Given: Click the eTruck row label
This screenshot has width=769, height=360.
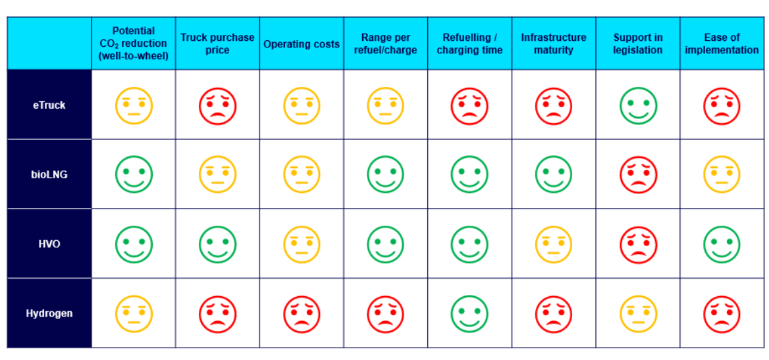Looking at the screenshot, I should [49, 105].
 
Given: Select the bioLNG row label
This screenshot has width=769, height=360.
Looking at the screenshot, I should [49, 174].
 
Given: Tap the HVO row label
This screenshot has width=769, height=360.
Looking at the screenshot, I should [49, 244].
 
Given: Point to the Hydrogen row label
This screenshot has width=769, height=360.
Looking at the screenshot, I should [49, 313].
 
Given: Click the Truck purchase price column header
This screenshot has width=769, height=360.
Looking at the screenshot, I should [217, 43].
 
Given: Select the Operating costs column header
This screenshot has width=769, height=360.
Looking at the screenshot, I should [302, 44].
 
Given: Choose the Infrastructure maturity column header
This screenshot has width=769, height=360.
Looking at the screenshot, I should [554, 43].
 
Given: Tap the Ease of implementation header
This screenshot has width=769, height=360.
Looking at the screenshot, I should [722, 43].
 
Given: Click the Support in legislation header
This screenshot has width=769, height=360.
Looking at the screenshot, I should [638, 43].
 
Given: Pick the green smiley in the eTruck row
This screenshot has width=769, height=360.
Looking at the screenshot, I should [638, 106].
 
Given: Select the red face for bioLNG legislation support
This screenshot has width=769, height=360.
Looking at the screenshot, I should [638, 175].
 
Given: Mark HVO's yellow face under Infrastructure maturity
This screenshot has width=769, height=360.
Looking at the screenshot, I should [554, 244].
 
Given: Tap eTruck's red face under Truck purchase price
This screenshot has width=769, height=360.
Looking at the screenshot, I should [217, 106].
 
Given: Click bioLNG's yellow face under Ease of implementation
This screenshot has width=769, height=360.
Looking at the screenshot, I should [722, 175].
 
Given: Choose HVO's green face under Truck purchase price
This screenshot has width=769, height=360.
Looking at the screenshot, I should [217, 244].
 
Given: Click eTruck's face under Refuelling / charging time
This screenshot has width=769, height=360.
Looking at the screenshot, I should [469, 106].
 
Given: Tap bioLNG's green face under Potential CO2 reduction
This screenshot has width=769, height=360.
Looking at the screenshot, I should [134, 175].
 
